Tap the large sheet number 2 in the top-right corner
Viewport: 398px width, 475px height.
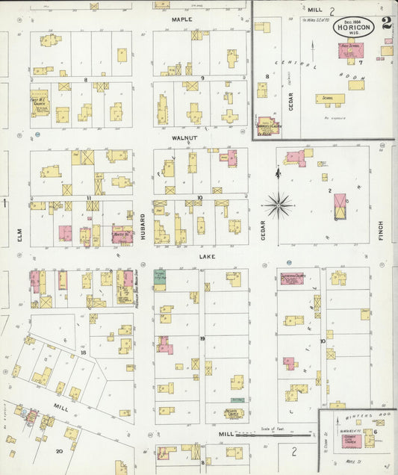(386, 23)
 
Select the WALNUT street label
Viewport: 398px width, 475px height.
(183, 138)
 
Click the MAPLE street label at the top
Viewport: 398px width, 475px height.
(181, 19)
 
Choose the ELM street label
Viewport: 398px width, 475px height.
(20, 235)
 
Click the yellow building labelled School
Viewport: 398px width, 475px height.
(329, 98)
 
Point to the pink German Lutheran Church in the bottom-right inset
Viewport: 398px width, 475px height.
(351, 441)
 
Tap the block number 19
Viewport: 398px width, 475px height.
(202, 338)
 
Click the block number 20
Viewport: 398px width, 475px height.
(59, 451)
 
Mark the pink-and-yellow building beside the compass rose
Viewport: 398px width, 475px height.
(340, 205)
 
